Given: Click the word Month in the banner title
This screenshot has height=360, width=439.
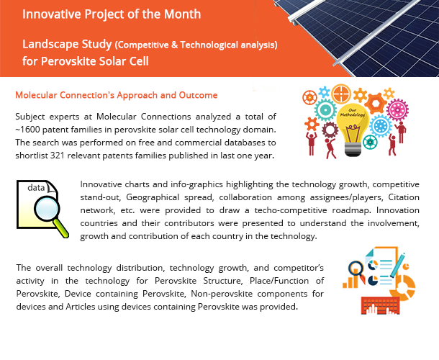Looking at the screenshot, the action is tap(182, 14).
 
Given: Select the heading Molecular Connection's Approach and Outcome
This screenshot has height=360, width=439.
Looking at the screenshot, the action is tap(117, 95).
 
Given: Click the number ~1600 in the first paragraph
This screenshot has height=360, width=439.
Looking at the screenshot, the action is tap(28, 130).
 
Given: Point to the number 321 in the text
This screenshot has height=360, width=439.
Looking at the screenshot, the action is tap(58, 156).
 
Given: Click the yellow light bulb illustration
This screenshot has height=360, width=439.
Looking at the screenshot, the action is tap(352, 130).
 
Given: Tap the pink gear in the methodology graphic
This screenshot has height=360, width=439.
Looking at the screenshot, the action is tap(397, 109).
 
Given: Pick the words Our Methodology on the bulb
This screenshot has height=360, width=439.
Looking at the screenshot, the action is tap(352, 113).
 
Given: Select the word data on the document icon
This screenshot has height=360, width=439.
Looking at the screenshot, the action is tap(36, 188).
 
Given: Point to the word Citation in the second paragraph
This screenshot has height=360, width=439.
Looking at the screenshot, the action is tap(404, 197).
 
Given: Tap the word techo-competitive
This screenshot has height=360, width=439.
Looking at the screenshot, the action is tap(291, 210).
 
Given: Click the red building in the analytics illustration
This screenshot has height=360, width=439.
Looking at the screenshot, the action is tap(380, 305).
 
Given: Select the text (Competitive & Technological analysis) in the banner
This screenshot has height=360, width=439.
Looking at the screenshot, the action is tap(196, 45).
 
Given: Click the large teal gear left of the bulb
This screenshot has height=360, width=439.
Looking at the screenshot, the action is tap(325, 110).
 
